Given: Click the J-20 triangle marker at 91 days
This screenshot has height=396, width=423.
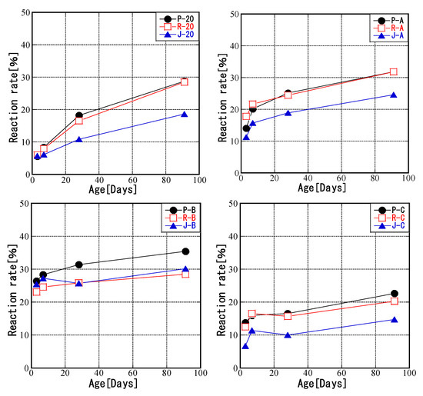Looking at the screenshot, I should point(184,114).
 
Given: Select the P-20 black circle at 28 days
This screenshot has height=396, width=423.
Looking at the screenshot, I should point(78,115).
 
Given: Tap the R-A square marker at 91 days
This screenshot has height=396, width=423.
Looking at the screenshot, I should point(394,72).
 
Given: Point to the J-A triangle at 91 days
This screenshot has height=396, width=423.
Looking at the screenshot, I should point(394,95).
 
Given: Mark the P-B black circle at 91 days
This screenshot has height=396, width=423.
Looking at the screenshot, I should point(185,251).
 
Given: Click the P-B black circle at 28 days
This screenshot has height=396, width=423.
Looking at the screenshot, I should point(78,265).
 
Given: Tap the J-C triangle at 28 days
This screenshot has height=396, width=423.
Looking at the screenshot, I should point(288,335).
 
